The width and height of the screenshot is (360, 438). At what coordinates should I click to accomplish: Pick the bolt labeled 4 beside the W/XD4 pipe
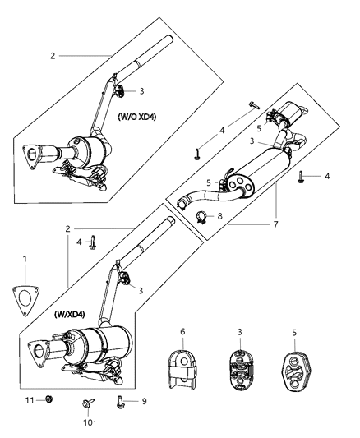pyautogui.click(x=95, y=243)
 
